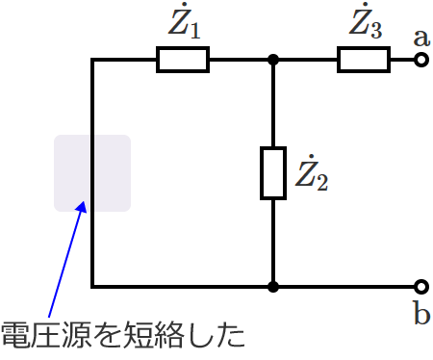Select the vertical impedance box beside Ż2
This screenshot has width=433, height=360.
(x=273, y=173)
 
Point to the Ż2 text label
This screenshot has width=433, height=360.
(x=311, y=174)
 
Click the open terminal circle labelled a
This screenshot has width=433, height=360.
(x=420, y=61)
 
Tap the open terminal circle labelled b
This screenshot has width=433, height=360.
(x=420, y=286)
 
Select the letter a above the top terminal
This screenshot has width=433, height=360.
(x=420, y=38)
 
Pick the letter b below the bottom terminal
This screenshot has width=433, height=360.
(x=421, y=314)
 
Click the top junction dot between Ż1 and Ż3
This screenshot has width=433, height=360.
(x=273, y=61)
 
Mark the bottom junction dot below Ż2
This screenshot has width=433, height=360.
(x=273, y=286)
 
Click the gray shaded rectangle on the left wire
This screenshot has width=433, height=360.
(x=92, y=172)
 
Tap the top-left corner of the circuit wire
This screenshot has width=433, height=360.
(x=92, y=61)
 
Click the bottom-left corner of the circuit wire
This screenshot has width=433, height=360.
(x=92, y=286)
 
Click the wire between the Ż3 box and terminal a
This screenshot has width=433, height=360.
(x=402, y=61)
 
